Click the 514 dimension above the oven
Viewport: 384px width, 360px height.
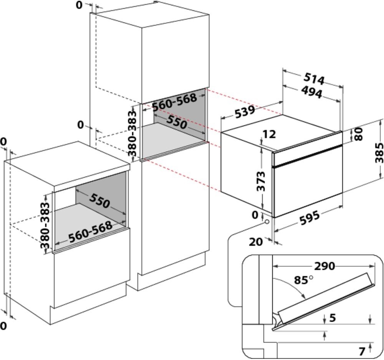click(314, 79)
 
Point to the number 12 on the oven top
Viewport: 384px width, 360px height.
click(270, 134)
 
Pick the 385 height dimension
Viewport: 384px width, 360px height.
click(379, 153)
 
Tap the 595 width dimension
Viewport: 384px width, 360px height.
click(309, 217)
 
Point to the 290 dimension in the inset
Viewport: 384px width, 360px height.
click(325, 266)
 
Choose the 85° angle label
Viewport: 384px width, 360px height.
click(303, 280)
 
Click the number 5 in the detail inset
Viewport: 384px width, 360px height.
click(333, 317)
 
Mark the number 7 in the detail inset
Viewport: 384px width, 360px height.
click(361, 350)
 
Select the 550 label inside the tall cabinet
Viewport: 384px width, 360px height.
click(176, 122)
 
